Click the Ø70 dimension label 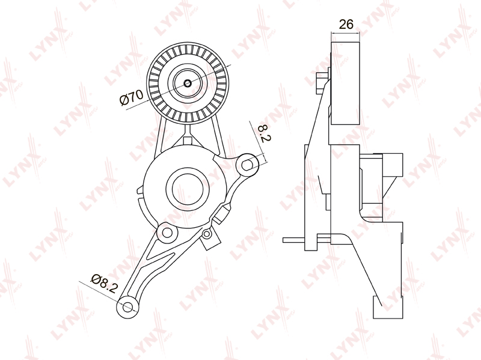(x=132, y=97)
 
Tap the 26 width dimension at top (x=346, y=24)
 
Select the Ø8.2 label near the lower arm (x=104, y=284)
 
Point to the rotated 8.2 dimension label (x=264, y=133)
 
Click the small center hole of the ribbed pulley (x=188, y=83)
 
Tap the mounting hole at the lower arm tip (x=127, y=307)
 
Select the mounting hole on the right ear (x=247, y=165)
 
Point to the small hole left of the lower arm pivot (x=167, y=233)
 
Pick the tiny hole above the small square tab (x=207, y=234)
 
